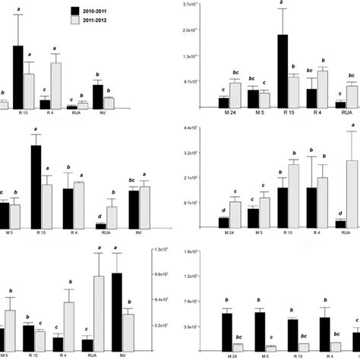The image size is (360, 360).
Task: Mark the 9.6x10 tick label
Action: [x=163, y=274]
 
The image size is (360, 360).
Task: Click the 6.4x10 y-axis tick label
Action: [x=163, y=300]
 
